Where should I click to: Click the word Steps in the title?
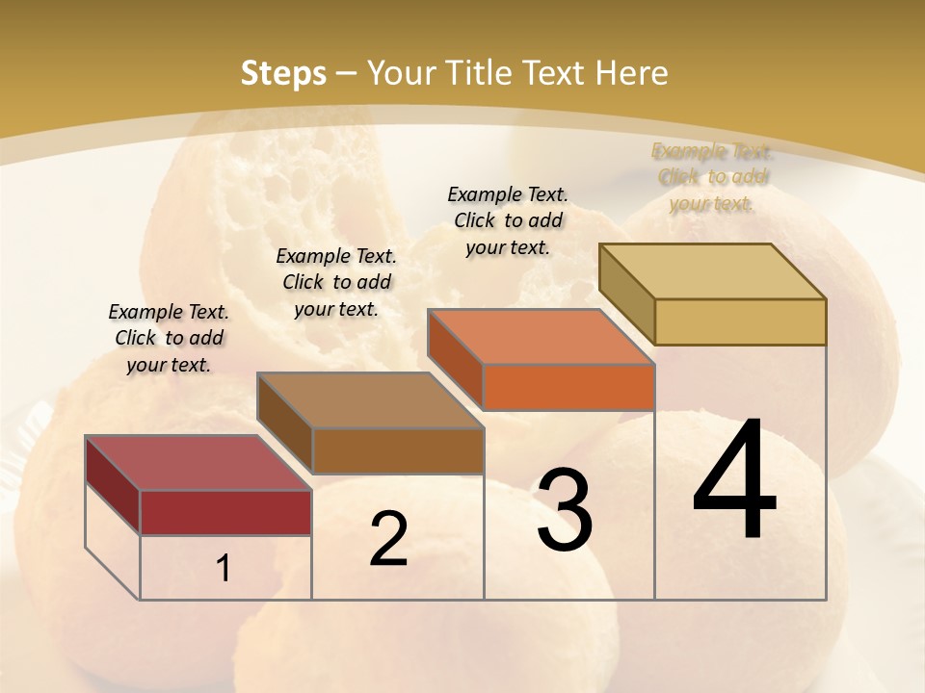(x=283, y=73)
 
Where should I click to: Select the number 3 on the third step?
(x=565, y=511)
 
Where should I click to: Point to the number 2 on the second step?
(x=388, y=539)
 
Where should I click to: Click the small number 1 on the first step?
(x=223, y=569)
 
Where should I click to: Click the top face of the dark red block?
(x=198, y=463)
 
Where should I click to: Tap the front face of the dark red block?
(x=225, y=512)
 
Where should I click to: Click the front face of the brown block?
(x=398, y=450)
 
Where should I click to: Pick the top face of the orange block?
(x=541, y=337)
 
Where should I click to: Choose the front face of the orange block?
(x=568, y=387)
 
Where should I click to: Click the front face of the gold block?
(x=740, y=321)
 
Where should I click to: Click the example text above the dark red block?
(x=169, y=338)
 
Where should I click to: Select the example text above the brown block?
(x=336, y=282)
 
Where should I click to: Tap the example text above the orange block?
(x=508, y=220)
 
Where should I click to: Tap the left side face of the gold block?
(x=626, y=293)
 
